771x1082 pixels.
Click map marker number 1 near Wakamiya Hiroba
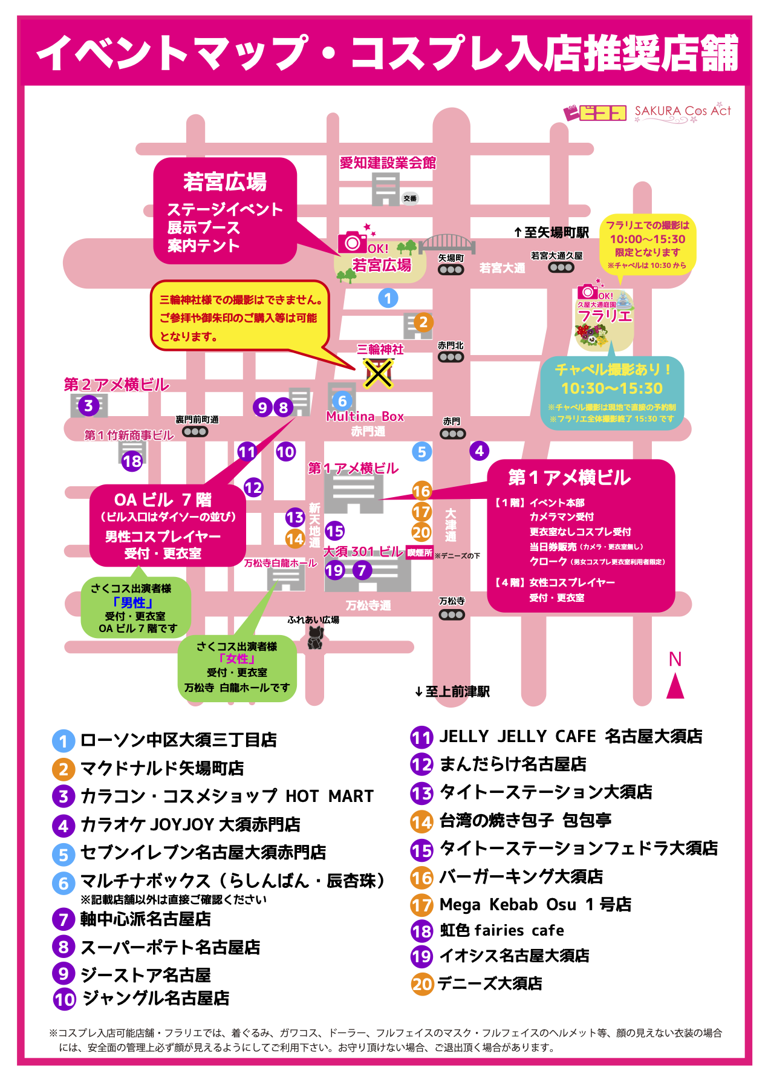coord(388,298)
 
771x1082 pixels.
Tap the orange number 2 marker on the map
coord(423,322)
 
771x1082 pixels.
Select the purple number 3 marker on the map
coord(89,405)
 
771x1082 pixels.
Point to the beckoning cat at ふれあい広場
coord(315,637)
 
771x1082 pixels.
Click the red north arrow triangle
coord(675,686)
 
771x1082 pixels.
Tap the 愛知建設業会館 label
coord(388,163)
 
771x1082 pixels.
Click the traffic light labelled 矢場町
coord(451,270)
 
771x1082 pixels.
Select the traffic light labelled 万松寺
coord(452,614)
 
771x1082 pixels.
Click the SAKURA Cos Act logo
coord(683,111)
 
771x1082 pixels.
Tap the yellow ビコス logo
coord(595,112)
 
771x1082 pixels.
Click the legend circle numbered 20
coord(422,984)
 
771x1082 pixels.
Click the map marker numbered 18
coord(132,461)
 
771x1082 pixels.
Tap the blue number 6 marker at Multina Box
coord(342,400)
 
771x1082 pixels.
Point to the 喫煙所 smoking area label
coord(419,553)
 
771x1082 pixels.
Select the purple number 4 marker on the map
coord(479,451)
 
